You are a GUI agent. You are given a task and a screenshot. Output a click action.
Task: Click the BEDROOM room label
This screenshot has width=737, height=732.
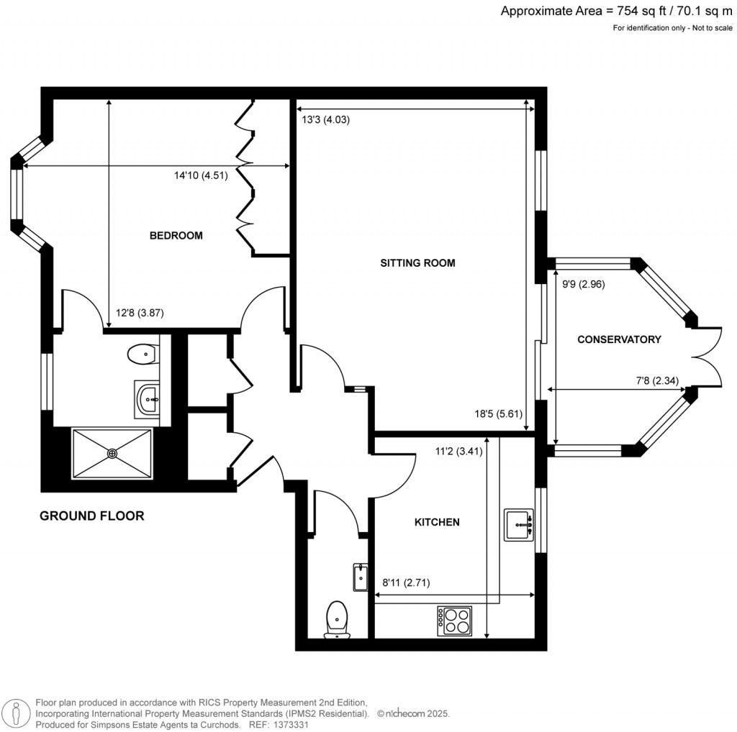(x=176, y=236)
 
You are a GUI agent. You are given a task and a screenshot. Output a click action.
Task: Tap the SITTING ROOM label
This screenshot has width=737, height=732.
(x=417, y=263)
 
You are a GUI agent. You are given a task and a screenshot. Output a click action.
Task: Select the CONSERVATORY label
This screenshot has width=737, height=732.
(x=619, y=339)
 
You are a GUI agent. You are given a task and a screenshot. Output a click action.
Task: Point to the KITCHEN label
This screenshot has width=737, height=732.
(x=436, y=522)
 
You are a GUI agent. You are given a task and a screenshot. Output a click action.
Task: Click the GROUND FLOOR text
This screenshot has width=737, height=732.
(x=91, y=516)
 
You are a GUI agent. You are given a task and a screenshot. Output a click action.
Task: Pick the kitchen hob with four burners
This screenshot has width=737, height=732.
(x=455, y=621)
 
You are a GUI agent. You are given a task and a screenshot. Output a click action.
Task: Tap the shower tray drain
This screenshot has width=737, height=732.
(x=112, y=453)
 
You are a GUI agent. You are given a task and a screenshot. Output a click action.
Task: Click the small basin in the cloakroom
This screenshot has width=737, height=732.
(x=360, y=577)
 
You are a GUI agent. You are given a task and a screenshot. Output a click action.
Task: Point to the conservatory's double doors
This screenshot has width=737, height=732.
(x=708, y=357)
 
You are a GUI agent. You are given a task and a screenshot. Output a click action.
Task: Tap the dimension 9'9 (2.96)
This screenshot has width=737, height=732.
(x=583, y=283)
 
